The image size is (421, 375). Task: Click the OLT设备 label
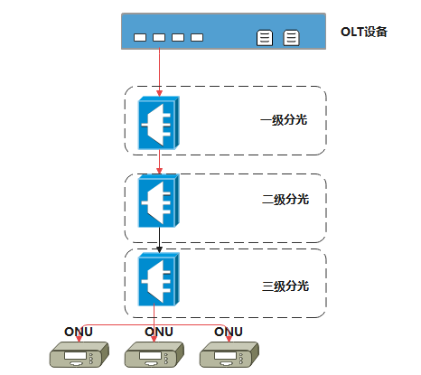coord(364,32)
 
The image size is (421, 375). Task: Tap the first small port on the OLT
coord(140,37)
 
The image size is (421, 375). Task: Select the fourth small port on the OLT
coord(197,37)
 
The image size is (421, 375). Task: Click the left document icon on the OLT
coord(265,38)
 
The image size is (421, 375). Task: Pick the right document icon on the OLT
coord(291,38)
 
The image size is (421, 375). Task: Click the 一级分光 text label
coord(284,120)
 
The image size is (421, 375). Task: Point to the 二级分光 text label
coord(285,200)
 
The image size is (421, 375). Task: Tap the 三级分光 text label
coord(285,286)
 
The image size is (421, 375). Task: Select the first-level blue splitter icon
coord(159,123)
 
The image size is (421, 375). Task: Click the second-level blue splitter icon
coord(159,201)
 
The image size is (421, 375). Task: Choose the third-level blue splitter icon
coord(159,279)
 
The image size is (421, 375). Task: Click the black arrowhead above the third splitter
coord(159,249)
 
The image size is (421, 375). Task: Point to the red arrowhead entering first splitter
coord(159,93)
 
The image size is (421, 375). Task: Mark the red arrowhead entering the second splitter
coord(159,171)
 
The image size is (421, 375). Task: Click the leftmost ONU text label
coord(79,332)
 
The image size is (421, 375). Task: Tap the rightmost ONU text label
coord(229,332)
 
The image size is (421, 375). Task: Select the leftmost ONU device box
coord(80,354)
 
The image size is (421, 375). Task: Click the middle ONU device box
coord(154,354)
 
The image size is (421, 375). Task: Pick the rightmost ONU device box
coord(229,354)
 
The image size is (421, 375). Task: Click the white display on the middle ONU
coord(150,356)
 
